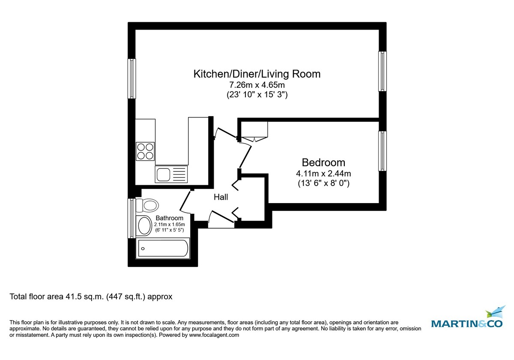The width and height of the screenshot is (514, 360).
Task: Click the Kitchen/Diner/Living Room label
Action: [257, 74]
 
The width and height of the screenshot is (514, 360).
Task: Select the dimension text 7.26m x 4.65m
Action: [257, 85]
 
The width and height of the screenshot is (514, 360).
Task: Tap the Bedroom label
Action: [323, 162]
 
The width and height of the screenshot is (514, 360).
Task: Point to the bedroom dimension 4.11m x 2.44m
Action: [323, 174]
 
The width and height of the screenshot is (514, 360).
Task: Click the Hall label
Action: [221, 197]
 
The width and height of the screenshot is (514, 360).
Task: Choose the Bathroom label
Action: [169, 218]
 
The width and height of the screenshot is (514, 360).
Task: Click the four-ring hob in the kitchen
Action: [145, 151]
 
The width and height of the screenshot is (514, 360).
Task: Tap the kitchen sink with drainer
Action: [171, 174]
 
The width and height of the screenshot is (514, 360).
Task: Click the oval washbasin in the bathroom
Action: [144, 226]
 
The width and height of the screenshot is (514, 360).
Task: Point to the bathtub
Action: [162, 248]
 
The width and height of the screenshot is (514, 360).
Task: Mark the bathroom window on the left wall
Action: [131, 218]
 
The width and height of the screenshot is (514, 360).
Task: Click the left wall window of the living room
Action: [132, 79]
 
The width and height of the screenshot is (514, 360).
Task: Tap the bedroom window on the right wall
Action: [382, 151]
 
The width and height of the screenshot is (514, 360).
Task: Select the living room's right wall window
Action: [382, 72]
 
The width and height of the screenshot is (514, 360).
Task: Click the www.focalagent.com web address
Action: [214, 335]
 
